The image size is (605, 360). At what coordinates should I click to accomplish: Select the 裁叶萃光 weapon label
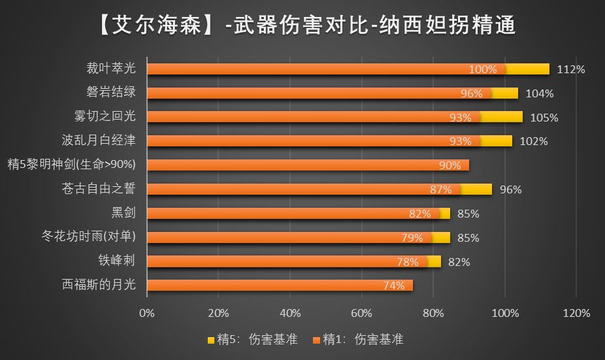[110, 69]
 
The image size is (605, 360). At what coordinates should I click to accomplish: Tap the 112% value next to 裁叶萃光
[571, 69]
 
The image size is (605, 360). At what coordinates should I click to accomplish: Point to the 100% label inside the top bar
[483, 69]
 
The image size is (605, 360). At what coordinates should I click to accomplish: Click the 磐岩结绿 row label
[110, 93]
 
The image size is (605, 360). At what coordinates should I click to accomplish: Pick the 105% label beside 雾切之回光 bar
[545, 118]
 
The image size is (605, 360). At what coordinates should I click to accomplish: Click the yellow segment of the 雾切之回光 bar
[502, 117]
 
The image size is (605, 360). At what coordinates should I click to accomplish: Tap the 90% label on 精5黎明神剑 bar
[450, 165]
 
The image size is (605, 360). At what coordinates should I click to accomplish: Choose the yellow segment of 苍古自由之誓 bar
[476, 189]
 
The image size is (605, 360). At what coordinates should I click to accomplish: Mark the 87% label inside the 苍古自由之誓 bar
[441, 189]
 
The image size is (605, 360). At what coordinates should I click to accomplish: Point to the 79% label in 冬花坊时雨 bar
[412, 238]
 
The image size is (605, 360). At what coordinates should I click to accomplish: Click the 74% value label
[393, 286]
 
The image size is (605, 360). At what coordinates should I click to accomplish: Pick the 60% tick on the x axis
[361, 312]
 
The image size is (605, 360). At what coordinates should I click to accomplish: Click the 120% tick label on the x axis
[576, 312]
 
